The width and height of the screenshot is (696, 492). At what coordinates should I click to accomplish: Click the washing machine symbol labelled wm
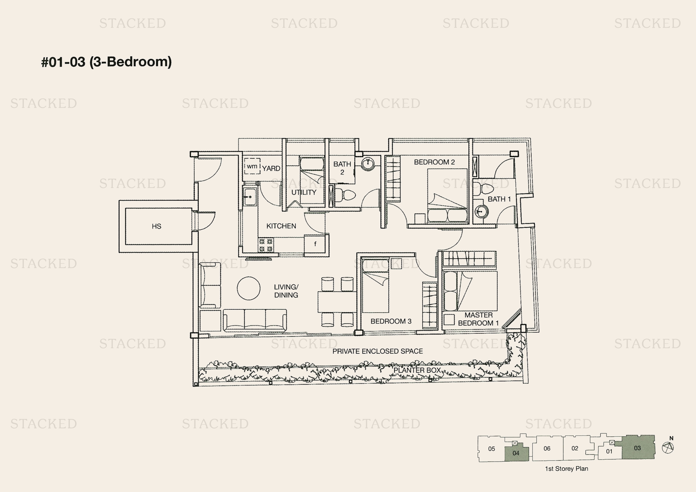coord(252,166)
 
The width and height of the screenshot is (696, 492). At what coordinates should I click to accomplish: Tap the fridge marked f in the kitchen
coord(315,244)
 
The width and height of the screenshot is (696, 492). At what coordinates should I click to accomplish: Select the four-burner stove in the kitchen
coord(265,245)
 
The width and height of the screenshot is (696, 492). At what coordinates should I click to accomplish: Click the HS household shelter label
coord(157,226)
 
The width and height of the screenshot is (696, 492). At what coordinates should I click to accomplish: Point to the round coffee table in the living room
coord(248,288)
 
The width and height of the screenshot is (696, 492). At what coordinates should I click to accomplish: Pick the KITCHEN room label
coord(281,226)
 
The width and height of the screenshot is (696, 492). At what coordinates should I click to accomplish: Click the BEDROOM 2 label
coord(434,162)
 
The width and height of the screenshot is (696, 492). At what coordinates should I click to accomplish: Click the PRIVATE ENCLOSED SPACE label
coord(377,351)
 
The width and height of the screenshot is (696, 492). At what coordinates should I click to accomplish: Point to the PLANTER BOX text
coord(417,370)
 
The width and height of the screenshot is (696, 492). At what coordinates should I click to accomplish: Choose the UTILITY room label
coord(304,192)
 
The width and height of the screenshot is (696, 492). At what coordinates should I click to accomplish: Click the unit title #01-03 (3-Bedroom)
coord(107,62)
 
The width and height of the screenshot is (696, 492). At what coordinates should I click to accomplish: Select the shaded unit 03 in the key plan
coord(638,448)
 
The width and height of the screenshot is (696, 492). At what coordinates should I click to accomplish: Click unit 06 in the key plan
coord(547,448)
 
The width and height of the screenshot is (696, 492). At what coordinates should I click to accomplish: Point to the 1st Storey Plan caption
coord(566,469)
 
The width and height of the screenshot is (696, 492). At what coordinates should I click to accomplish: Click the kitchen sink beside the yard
coord(250,197)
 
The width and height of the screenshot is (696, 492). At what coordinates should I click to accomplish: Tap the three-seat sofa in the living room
coord(255,320)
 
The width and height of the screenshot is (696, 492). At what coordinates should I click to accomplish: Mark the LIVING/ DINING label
coord(286,291)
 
